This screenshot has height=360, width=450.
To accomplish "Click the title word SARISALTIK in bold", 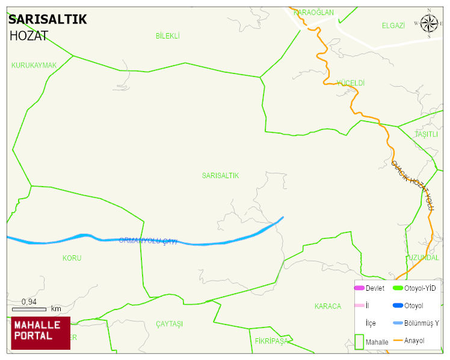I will click(x=48, y=19).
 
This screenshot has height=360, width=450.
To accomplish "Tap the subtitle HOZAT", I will click(x=28, y=36).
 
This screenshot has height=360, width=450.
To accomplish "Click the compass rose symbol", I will click(x=429, y=23).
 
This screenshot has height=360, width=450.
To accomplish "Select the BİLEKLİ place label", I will click(x=168, y=36).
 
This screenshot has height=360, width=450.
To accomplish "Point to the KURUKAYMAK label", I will click(x=34, y=65).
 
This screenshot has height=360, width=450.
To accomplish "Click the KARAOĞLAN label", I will click(x=313, y=13).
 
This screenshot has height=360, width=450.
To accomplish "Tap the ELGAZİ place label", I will click(x=393, y=25).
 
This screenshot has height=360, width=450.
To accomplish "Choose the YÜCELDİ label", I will click(x=351, y=82).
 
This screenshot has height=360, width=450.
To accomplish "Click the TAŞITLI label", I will click(x=427, y=134).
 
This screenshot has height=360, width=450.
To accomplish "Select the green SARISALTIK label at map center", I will click(x=220, y=176).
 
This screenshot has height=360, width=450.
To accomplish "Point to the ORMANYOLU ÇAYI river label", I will click(x=148, y=241).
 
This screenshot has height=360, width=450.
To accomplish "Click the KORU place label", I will click(x=72, y=258).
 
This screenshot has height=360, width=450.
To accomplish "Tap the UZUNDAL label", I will click(x=424, y=258).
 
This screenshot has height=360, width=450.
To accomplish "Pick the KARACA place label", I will click(x=327, y=306).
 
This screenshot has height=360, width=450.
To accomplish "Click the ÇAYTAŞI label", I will click(x=169, y=324).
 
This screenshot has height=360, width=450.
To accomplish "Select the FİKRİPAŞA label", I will click(x=272, y=341).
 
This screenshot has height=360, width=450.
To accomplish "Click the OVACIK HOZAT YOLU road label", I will click(x=413, y=185).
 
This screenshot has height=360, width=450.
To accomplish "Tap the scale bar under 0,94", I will click(x=29, y=309).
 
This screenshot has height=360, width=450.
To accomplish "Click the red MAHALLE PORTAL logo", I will click(x=40, y=333).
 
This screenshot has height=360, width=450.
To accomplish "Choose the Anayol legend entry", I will click(x=414, y=341).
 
